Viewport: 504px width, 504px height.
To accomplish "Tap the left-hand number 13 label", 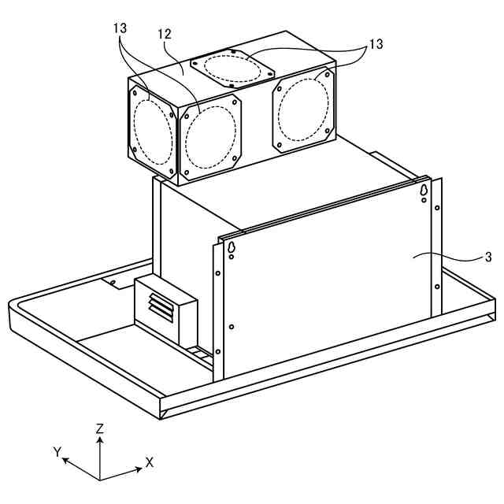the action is [x=120, y=28].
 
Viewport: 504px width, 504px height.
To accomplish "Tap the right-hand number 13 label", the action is [x=376, y=44].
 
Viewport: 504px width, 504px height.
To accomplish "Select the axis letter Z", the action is [x=99, y=429].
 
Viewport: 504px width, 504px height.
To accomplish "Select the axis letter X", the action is [x=149, y=462].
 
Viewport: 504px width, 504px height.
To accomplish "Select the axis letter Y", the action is [x=57, y=451].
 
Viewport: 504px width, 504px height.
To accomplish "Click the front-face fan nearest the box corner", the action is [x=210, y=136].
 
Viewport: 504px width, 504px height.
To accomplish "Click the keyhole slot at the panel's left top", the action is [x=232, y=248].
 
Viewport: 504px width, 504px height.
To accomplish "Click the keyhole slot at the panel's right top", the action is [x=424, y=191].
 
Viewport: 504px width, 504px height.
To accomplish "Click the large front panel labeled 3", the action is [x=331, y=283].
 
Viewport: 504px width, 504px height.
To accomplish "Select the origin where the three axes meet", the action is [x=100, y=478].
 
